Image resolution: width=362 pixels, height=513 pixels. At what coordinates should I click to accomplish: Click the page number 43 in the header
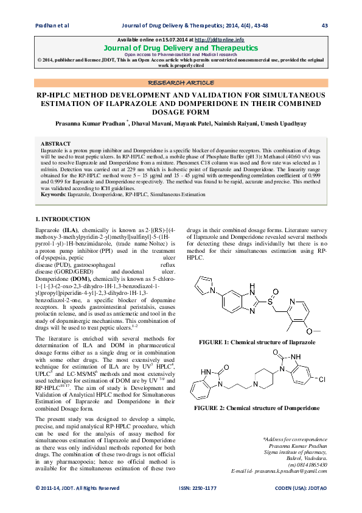[324, 25]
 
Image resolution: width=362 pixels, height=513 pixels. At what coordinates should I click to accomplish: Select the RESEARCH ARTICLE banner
[181, 82]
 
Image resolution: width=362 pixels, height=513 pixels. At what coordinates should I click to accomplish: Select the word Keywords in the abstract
[52, 194]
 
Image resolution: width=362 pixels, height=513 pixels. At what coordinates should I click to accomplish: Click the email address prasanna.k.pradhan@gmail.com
[287, 471]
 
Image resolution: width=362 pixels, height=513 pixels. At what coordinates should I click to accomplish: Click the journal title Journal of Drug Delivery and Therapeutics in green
[181, 47]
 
